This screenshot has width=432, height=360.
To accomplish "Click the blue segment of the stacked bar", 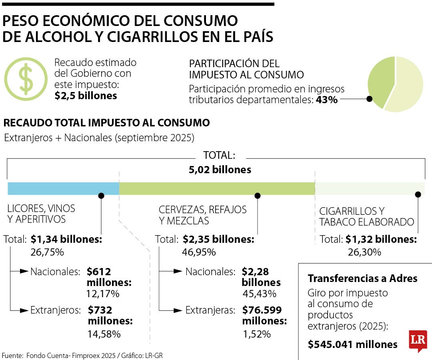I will (63, 188).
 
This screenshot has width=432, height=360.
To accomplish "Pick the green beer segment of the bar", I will (217, 188).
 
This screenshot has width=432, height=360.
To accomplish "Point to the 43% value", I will (326, 100).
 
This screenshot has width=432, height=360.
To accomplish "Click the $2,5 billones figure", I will (86, 96).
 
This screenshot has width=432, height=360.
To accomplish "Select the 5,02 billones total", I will (220, 170).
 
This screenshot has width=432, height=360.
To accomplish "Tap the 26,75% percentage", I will (47, 252).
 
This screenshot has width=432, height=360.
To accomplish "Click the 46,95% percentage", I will (199, 252).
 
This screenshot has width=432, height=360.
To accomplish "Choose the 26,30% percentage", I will (364, 252).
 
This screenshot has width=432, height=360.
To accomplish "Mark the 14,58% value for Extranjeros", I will (104, 334).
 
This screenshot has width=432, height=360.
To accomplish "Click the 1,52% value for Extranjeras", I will (257, 334).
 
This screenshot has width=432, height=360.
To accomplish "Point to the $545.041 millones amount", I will (353, 344).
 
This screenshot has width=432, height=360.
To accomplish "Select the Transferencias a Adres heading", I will (362, 278).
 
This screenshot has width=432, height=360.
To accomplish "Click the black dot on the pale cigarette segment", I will (418, 194).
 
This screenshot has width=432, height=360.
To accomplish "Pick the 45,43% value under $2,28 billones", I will (259, 294).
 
